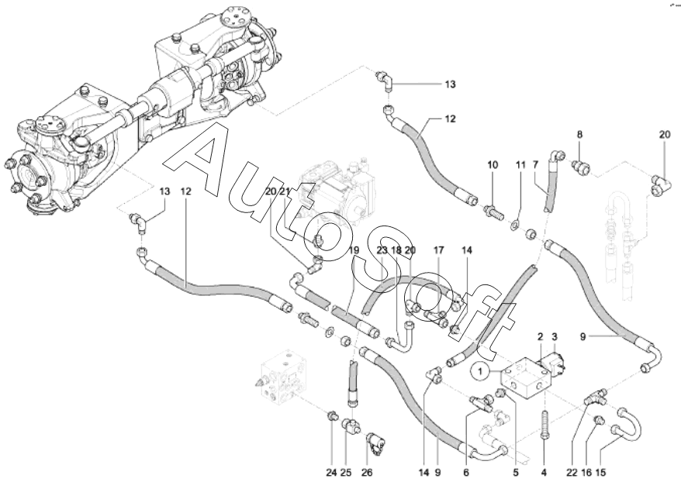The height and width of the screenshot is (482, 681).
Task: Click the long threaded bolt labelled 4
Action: pos(544,423)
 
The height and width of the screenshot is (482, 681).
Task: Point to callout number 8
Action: pos(579,135)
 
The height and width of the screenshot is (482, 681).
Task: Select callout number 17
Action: pos(438,250)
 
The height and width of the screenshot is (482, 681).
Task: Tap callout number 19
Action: pos(353,250)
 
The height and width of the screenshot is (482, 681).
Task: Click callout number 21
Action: pos(284,191)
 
